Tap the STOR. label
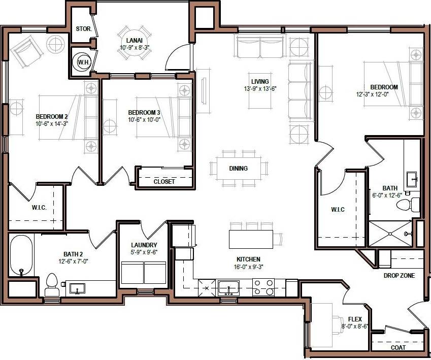(x=83, y=29)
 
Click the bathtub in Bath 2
(x=21, y=255)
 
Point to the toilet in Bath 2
(x=52, y=284)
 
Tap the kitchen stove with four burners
(x=263, y=287)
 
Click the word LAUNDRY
(x=144, y=245)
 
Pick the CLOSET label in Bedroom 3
(x=164, y=181)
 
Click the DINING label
(x=238, y=169)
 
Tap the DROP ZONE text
(x=399, y=276)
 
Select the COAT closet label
(x=398, y=348)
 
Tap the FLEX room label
(x=355, y=319)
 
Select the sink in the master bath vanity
(x=412, y=178)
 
